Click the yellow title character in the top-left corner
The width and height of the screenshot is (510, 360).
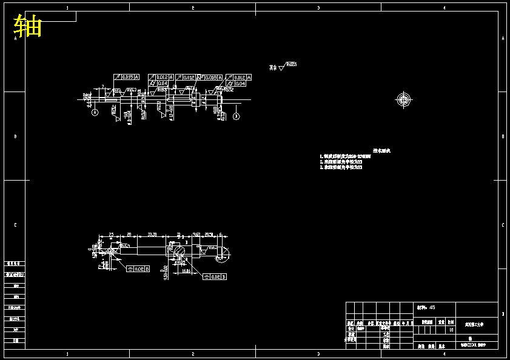pos(28,26)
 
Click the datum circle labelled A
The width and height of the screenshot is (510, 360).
pos(95,113)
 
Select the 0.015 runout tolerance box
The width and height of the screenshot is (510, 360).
pos(127,77)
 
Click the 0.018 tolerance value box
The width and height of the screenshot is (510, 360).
pos(210,78)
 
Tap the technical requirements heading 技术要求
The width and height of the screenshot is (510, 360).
pos(381,150)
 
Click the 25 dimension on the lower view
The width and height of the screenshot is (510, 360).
pos(112,234)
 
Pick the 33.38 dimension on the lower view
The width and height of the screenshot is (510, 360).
pos(152,234)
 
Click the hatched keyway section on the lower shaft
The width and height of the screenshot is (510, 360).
pos(178,250)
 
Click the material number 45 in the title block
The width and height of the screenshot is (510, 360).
pos(432,307)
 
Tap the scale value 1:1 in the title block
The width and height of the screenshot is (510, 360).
pos(451,329)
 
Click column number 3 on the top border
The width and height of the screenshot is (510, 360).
pos(318,8)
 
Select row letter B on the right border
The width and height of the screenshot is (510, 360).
pos(503,136)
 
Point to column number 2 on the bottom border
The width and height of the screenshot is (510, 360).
pos(192,353)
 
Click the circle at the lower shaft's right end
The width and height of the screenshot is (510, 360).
pos(222,254)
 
